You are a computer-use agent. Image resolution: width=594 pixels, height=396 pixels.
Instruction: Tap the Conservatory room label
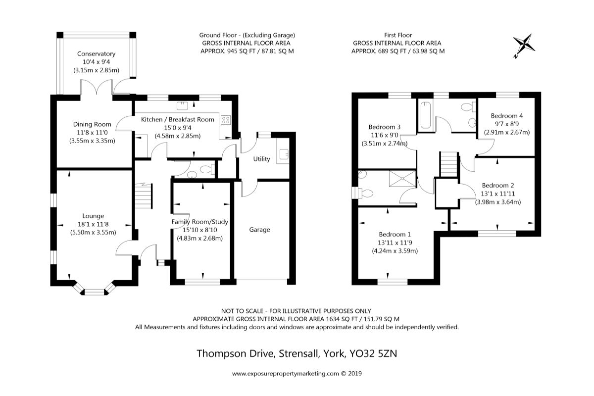[x=96, y=54]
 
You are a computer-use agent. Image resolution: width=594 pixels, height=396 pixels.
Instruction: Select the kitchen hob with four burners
[x=226, y=120]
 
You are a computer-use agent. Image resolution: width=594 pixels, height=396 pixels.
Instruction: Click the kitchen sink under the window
[x=182, y=106]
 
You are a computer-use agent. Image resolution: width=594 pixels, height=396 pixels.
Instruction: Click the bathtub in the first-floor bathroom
[x=426, y=116]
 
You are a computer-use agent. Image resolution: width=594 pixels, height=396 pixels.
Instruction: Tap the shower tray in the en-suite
[x=402, y=179]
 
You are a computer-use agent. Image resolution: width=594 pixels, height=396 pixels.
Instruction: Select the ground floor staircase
[x=144, y=196]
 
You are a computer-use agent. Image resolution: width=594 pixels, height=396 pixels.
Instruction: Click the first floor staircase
[x=449, y=164]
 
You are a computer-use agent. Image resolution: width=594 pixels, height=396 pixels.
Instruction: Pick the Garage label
[x=259, y=230]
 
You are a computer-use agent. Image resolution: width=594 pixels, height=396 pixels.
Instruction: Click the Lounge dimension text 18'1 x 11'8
[x=93, y=224]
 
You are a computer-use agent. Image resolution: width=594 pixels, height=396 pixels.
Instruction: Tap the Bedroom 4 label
[x=507, y=116]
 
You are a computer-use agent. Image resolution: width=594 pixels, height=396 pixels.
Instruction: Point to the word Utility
[x=261, y=159]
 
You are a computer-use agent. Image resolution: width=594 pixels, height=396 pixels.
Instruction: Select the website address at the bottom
[x=297, y=374]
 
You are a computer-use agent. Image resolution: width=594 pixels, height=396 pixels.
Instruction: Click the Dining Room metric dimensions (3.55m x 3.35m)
[x=92, y=141]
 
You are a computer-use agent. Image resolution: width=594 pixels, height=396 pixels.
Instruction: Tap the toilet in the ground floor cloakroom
[x=207, y=169]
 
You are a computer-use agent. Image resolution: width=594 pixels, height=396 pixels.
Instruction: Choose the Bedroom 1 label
[x=395, y=235]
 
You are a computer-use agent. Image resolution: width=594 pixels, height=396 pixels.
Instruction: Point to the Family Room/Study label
[x=199, y=222]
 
